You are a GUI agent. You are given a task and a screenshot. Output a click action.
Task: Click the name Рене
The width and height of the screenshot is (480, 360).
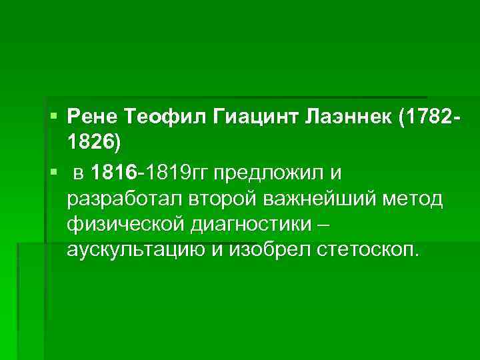coord(91,118)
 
